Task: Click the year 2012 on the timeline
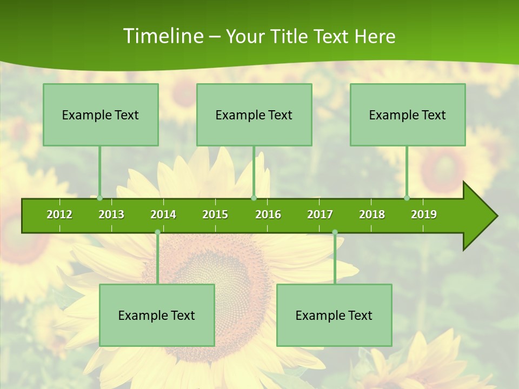[x=59, y=214]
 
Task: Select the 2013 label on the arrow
[x=111, y=214]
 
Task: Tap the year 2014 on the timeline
[x=163, y=214]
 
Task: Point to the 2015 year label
[x=215, y=214]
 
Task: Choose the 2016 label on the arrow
[x=268, y=214]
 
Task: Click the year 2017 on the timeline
[x=320, y=214]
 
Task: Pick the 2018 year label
[x=372, y=214]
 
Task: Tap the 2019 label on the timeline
[x=424, y=214]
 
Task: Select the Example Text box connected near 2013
[x=101, y=115]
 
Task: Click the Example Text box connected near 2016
[x=254, y=115]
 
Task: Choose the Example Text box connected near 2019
[x=408, y=115]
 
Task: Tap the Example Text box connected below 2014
[x=157, y=315]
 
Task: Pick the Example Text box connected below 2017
[x=334, y=315]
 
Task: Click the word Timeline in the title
[x=162, y=36]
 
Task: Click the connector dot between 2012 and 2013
[x=100, y=198]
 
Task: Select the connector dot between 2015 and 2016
[x=254, y=198]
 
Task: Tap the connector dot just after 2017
[x=335, y=232]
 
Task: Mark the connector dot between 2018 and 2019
[x=407, y=198]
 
